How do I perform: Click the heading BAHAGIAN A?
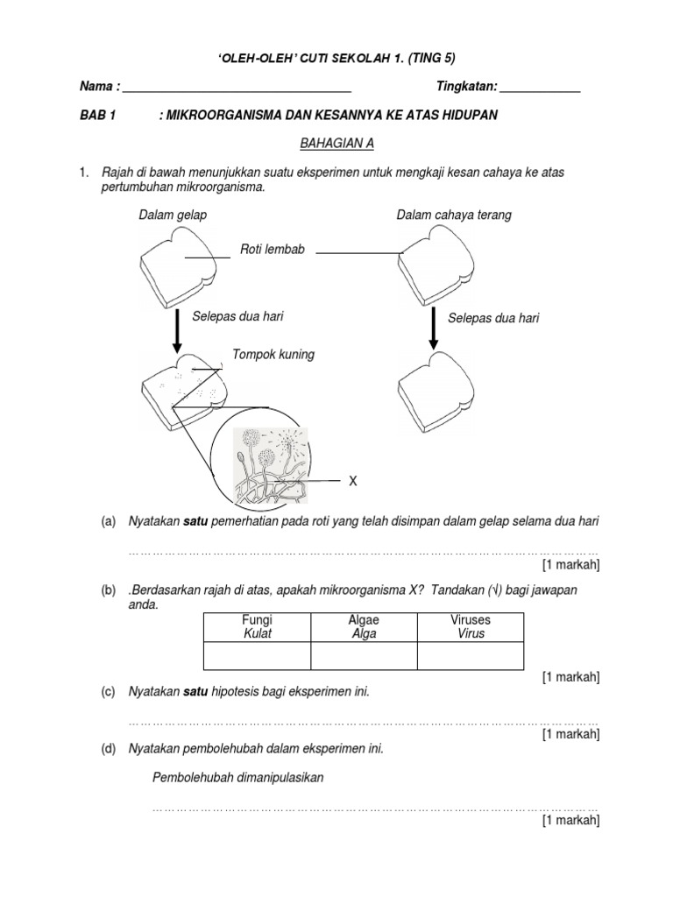[336, 143]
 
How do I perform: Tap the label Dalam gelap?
[173, 215]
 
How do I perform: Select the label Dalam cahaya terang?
[454, 215]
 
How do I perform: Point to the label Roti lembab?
[272, 250]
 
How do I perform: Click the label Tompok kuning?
[273, 355]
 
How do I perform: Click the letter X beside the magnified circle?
[353, 481]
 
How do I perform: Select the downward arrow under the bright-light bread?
[433, 329]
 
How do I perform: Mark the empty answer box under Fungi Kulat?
[257, 655]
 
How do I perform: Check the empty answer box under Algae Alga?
[364, 655]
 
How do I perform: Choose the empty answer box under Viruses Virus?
[471, 655]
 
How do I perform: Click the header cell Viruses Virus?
[471, 626]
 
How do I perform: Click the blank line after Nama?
[237, 88]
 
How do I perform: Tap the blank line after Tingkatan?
[540, 88]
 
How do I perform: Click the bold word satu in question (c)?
[195, 692]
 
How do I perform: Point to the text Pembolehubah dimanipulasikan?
[238, 778]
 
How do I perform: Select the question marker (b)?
[109, 591]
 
